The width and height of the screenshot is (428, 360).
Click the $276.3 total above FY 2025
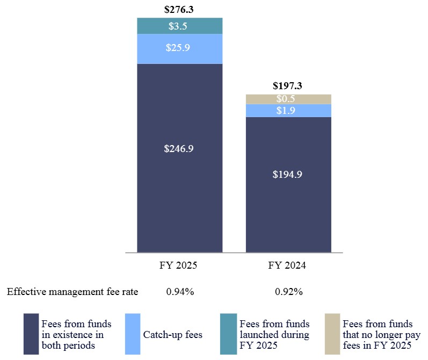pos(179,9)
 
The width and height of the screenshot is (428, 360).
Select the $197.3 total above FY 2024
pos(288,85)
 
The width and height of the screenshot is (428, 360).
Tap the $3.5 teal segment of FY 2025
pos(179,26)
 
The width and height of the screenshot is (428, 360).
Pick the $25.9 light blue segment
pos(179,48)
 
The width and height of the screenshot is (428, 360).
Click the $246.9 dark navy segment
pos(179,149)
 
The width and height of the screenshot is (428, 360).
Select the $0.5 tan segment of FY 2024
pos(288,99)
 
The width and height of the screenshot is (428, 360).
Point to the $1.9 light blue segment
pos(288,110)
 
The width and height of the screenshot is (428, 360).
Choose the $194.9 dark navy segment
pos(288,174)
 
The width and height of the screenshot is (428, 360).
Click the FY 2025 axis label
pos(179,265)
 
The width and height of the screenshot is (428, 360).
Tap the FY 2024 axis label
pos(288,265)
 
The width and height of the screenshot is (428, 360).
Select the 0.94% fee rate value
pos(179,292)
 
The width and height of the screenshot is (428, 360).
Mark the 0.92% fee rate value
pos(288,292)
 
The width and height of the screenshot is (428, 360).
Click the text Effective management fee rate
pos(72,292)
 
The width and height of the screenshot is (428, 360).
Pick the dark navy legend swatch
pos(31,334)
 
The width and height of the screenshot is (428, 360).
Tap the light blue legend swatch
pos(132,334)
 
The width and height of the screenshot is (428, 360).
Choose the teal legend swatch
pos(228,334)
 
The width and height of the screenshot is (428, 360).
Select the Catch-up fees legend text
pos(172,335)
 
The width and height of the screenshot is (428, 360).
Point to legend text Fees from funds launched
pos(274,335)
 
